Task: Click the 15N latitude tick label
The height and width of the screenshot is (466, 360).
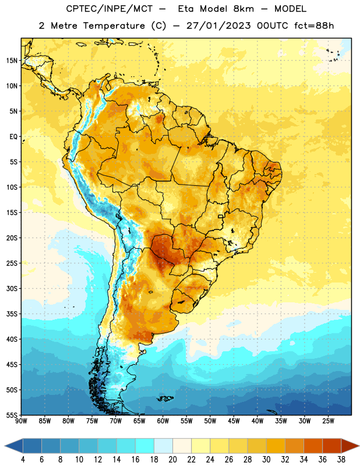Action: (x=12, y=61)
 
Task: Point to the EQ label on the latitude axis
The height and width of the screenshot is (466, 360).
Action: (x=13, y=137)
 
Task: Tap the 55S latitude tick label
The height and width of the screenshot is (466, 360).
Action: (x=12, y=415)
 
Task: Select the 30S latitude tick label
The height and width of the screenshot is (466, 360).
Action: (x=12, y=288)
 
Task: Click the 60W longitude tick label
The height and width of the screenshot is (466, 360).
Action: (x=163, y=421)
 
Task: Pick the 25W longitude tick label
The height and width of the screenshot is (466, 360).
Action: (x=328, y=421)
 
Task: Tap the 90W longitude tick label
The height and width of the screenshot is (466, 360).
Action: (x=21, y=421)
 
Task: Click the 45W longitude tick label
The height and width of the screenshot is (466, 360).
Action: (x=234, y=421)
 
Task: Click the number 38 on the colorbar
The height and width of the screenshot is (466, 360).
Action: (x=341, y=460)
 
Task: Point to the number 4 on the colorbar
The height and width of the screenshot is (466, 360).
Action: (x=23, y=460)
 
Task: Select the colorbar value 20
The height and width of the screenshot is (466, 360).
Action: (x=172, y=460)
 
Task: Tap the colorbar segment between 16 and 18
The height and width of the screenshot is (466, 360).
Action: (x=145, y=446)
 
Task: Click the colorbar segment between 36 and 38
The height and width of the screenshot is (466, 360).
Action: (x=332, y=446)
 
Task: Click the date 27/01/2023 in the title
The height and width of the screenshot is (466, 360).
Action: (x=218, y=26)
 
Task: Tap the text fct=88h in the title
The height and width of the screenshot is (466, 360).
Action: (x=314, y=26)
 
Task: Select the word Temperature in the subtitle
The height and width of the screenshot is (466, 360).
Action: (x=114, y=26)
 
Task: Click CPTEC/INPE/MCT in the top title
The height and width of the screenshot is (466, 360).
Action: (x=110, y=9)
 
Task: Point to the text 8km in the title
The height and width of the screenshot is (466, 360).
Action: (x=243, y=9)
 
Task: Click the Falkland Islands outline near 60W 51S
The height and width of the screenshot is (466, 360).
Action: (x=165, y=398)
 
